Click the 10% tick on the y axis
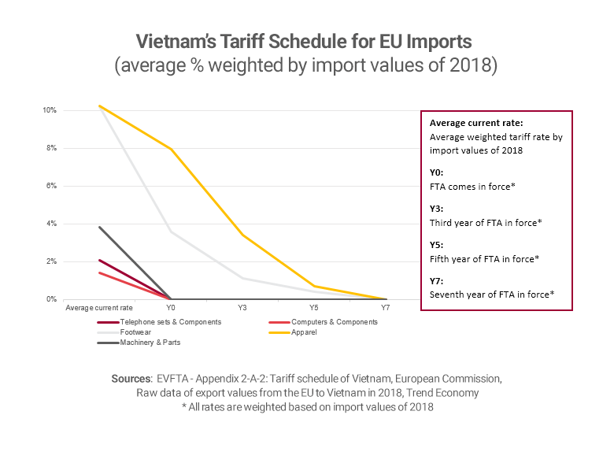click(x=49, y=110)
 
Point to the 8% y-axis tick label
click(x=50, y=148)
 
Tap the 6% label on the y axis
click(x=50, y=186)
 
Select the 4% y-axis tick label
click(x=50, y=224)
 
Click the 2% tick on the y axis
click(x=50, y=261)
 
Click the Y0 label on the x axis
click(x=171, y=308)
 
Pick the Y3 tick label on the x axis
click(x=242, y=308)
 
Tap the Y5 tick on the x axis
click(x=314, y=308)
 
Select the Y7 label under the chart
click(x=386, y=308)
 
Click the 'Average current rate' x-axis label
click(x=99, y=308)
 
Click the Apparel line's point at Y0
click(x=171, y=149)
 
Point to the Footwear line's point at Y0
click(x=171, y=232)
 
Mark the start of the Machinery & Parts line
click(x=99, y=227)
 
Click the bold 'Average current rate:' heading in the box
click(x=470, y=124)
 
